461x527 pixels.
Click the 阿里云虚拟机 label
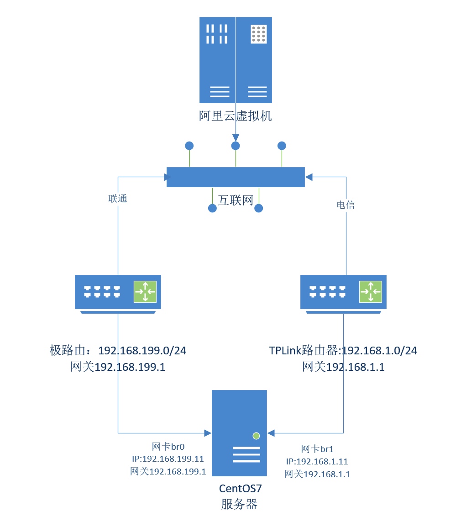click(236, 116)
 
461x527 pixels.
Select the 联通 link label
click(117, 199)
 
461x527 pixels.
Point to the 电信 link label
click(346, 205)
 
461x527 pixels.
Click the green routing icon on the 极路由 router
click(145, 292)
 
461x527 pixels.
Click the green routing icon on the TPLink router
click(371, 292)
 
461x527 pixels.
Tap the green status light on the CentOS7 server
click(256, 436)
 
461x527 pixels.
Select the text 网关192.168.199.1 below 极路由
click(118, 367)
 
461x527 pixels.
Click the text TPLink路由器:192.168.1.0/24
click(343, 351)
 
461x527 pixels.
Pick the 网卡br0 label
click(168, 446)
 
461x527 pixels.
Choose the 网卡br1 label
click(317, 449)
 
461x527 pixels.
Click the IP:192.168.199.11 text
click(168, 459)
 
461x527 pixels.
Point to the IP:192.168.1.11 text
click(317, 462)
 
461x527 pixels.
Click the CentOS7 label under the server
click(240, 488)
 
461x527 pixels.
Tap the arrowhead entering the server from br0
click(208, 432)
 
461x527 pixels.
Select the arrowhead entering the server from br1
click(271, 432)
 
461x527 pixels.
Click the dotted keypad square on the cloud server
click(258, 34)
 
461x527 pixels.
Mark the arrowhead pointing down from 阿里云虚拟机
click(236, 137)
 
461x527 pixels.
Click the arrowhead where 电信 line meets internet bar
click(309, 177)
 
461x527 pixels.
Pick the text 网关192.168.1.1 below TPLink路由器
click(343, 367)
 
